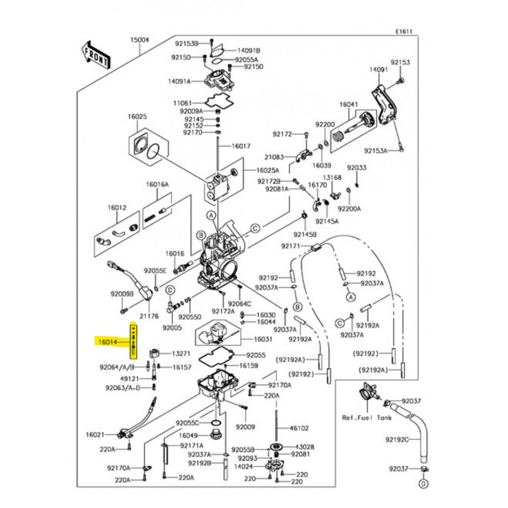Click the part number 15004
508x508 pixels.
[139, 40]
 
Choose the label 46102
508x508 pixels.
[299, 428]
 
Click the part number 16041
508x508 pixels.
[349, 104]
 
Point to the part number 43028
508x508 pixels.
[305, 446]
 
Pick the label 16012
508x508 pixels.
[117, 207]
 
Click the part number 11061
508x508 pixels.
[182, 103]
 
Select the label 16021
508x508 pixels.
[95, 434]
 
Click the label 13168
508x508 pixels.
[332, 177]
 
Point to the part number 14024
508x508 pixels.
[243, 466]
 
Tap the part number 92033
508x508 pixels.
[357, 168]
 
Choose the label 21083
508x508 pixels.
[274, 157]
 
